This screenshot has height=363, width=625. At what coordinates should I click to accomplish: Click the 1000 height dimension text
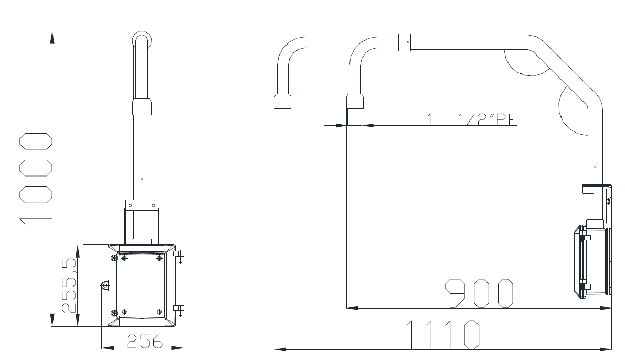[x=36, y=179]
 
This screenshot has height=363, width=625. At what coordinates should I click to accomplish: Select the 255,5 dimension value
[x=69, y=285]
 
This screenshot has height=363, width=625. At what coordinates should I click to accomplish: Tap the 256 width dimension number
[x=145, y=341]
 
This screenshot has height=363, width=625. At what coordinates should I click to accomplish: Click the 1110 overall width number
[x=443, y=335]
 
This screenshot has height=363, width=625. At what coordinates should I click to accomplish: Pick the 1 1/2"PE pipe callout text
[x=472, y=119]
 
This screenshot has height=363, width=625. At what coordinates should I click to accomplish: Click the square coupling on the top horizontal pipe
[x=404, y=42]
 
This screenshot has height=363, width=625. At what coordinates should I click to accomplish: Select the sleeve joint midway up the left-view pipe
[x=142, y=107]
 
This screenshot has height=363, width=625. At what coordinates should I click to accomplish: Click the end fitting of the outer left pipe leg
[x=283, y=101]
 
